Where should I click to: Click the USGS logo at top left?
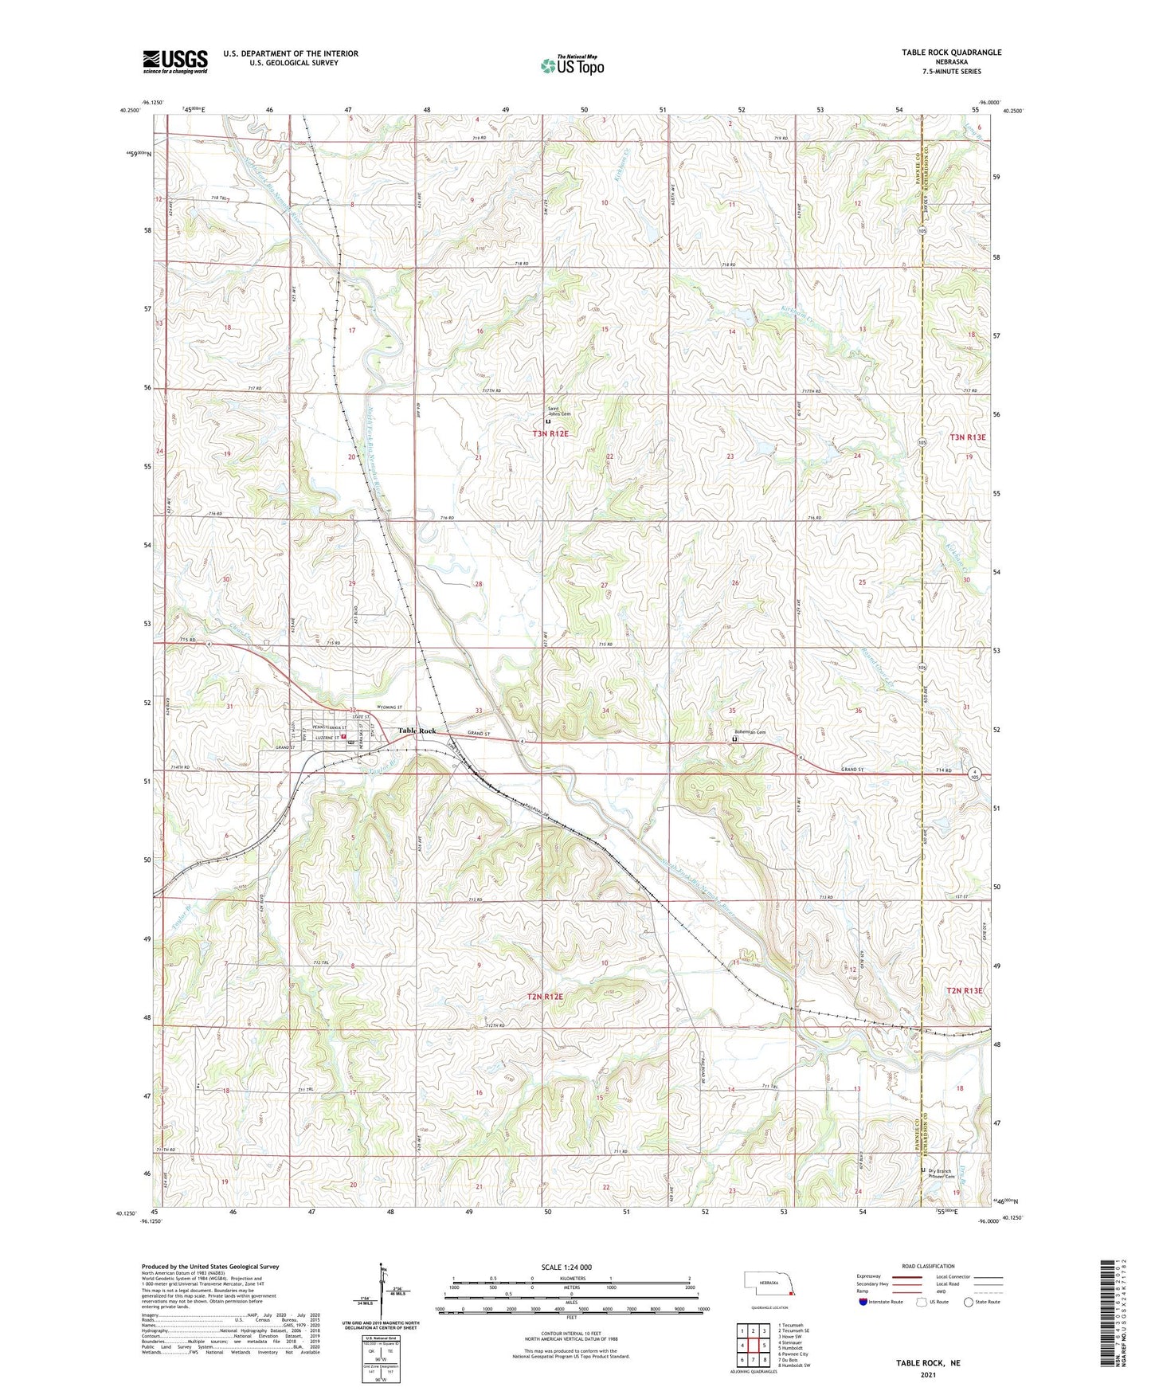coord(174,61)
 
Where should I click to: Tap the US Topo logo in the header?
coord(573,65)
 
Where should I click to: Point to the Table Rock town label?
coord(417,731)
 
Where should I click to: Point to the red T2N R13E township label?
coord(965,990)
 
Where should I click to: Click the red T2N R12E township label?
coord(545,997)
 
